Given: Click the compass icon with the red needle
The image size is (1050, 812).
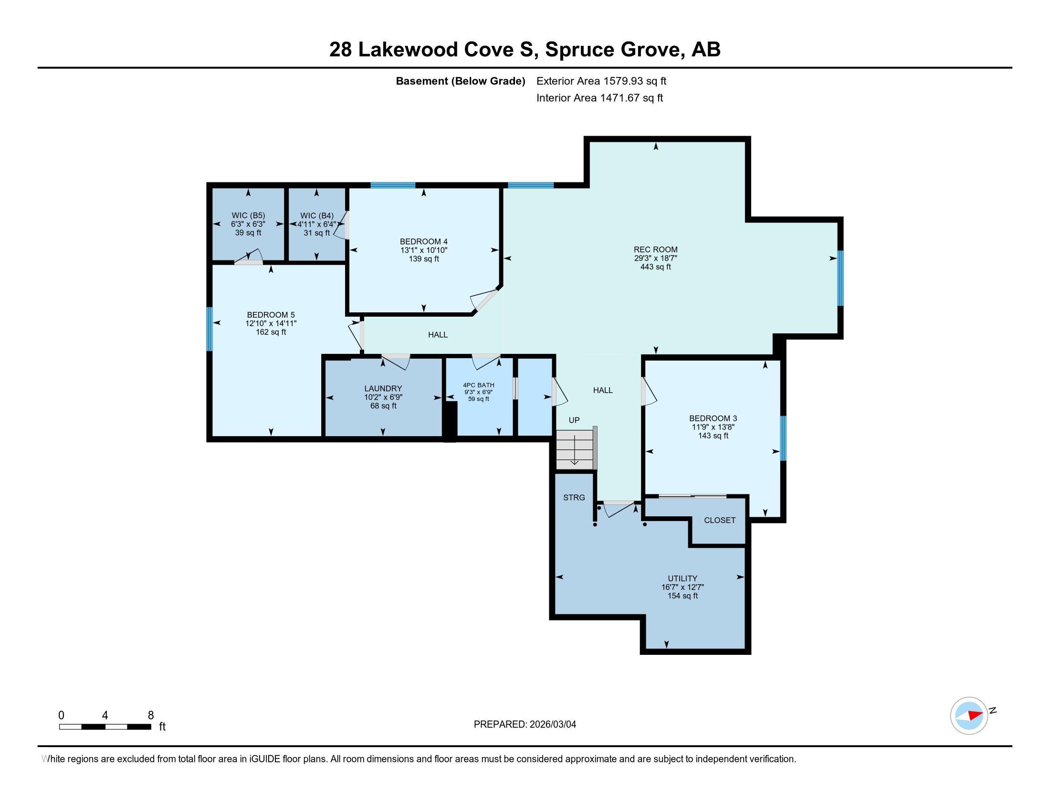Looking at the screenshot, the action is coord(969,716).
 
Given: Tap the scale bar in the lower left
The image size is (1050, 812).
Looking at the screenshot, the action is coord(105,727).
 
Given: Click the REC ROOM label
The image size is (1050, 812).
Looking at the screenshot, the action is coord(655,249).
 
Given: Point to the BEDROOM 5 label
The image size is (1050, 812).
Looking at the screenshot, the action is coord(271,315).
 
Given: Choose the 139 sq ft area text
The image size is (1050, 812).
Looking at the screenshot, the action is coord(423,259).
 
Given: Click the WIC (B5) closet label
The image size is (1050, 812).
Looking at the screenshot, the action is coord(248,215).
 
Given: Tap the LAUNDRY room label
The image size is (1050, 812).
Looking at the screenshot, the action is coord(383,388).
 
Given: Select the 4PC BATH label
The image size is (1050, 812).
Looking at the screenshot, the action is coord(478,385).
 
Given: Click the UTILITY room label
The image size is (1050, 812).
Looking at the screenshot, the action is coord(682,578).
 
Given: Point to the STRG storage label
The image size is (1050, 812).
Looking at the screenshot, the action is coord(574,497).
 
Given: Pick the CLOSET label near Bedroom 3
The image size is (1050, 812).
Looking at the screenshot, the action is coord(719,520).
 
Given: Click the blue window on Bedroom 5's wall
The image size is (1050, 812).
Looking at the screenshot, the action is coord(210,329).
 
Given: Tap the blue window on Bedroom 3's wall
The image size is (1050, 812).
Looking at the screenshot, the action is coord(783,438).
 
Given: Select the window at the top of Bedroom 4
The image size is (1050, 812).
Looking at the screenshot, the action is coord(393,185).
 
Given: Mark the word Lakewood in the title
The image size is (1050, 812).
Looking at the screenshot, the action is coord(407,50).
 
